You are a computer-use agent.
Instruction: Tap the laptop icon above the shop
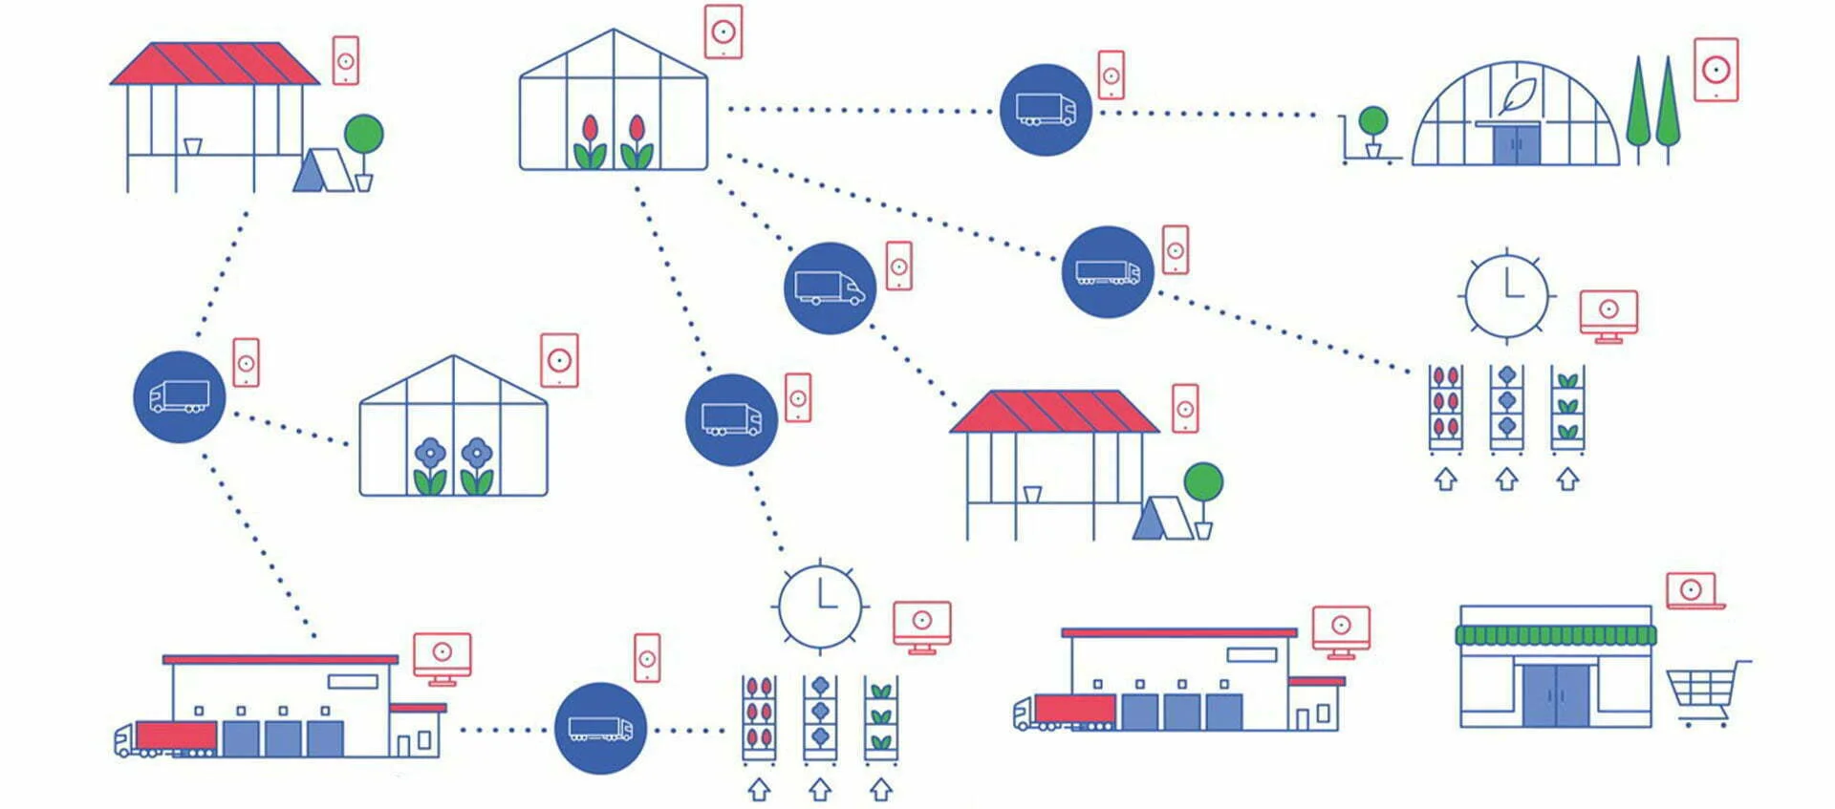click(x=1693, y=591)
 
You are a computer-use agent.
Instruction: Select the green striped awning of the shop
click(x=1555, y=635)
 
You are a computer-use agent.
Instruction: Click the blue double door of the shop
click(x=1556, y=694)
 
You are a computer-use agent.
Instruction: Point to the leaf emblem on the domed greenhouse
click(x=1518, y=96)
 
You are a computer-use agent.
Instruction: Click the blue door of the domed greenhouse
click(x=1517, y=144)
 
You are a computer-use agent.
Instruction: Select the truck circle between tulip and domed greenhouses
click(x=1046, y=110)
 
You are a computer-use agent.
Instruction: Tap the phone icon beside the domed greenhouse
click(x=1716, y=70)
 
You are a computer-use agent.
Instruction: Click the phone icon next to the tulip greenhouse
click(x=723, y=32)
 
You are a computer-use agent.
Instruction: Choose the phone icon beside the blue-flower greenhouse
click(x=559, y=361)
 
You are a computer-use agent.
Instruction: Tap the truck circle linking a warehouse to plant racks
click(x=600, y=729)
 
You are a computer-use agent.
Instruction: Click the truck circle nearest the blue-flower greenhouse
click(x=179, y=396)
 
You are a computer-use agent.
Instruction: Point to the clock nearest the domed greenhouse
click(x=1506, y=293)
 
